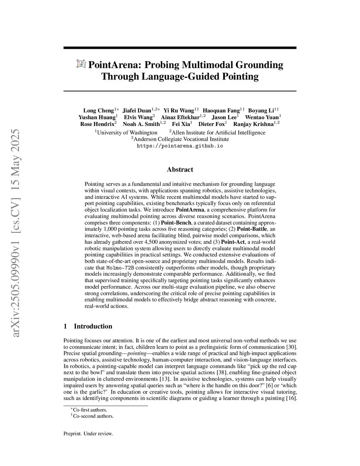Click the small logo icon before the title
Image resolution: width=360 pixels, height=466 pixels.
point(81,64)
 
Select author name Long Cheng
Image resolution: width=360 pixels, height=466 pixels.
point(98,111)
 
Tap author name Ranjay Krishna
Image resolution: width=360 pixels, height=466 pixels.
point(253,124)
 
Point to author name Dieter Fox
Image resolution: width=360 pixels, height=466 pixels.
point(212,124)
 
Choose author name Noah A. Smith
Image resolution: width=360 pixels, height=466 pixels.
point(141,124)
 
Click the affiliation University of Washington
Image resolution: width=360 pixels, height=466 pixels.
point(127,133)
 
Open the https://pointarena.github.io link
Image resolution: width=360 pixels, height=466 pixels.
point(180,146)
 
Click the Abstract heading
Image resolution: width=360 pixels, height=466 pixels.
point(180,170)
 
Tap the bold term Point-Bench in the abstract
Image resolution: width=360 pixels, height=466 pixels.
point(176,223)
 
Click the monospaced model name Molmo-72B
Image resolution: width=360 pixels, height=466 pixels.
point(120,268)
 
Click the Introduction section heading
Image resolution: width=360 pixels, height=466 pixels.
point(93,326)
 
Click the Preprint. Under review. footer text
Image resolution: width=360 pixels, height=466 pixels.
point(88,434)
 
